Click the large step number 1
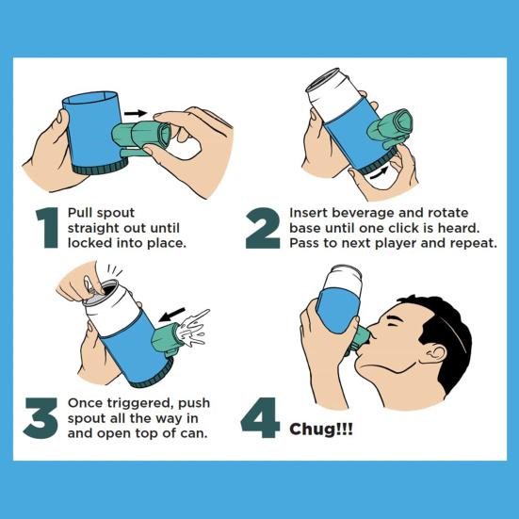47,228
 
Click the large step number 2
263,228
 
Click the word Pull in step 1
82,214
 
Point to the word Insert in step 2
312,213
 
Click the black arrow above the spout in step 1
137,113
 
